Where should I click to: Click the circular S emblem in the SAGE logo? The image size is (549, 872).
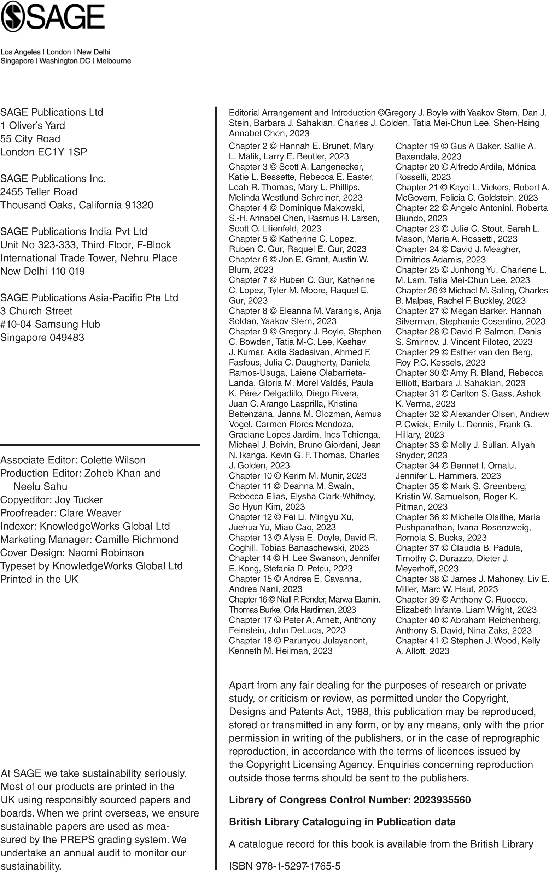click(13, 16)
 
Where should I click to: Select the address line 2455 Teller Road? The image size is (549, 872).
click(39, 192)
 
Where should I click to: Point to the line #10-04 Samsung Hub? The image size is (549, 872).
click(50, 324)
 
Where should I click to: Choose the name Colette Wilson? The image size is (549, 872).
click(113, 460)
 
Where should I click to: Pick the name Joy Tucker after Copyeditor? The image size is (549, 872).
click(78, 500)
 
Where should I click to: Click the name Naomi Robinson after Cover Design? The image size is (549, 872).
click(106, 553)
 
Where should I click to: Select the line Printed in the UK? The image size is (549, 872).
click(39, 579)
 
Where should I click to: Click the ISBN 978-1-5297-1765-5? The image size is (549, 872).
click(298, 866)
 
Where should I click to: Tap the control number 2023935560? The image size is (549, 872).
click(442, 800)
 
